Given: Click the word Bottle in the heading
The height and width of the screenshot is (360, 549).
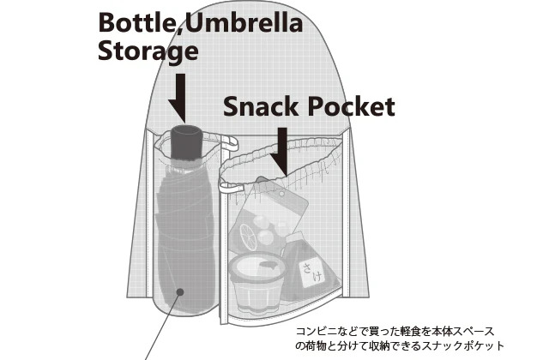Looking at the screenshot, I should (x=135, y=22).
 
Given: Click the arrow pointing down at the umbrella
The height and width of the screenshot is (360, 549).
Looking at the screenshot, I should (x=178, y=97).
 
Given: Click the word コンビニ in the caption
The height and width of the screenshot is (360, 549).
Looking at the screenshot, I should (x=314, y=331).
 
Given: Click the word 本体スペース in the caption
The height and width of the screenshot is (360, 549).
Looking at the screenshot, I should (x=468, y=331).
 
